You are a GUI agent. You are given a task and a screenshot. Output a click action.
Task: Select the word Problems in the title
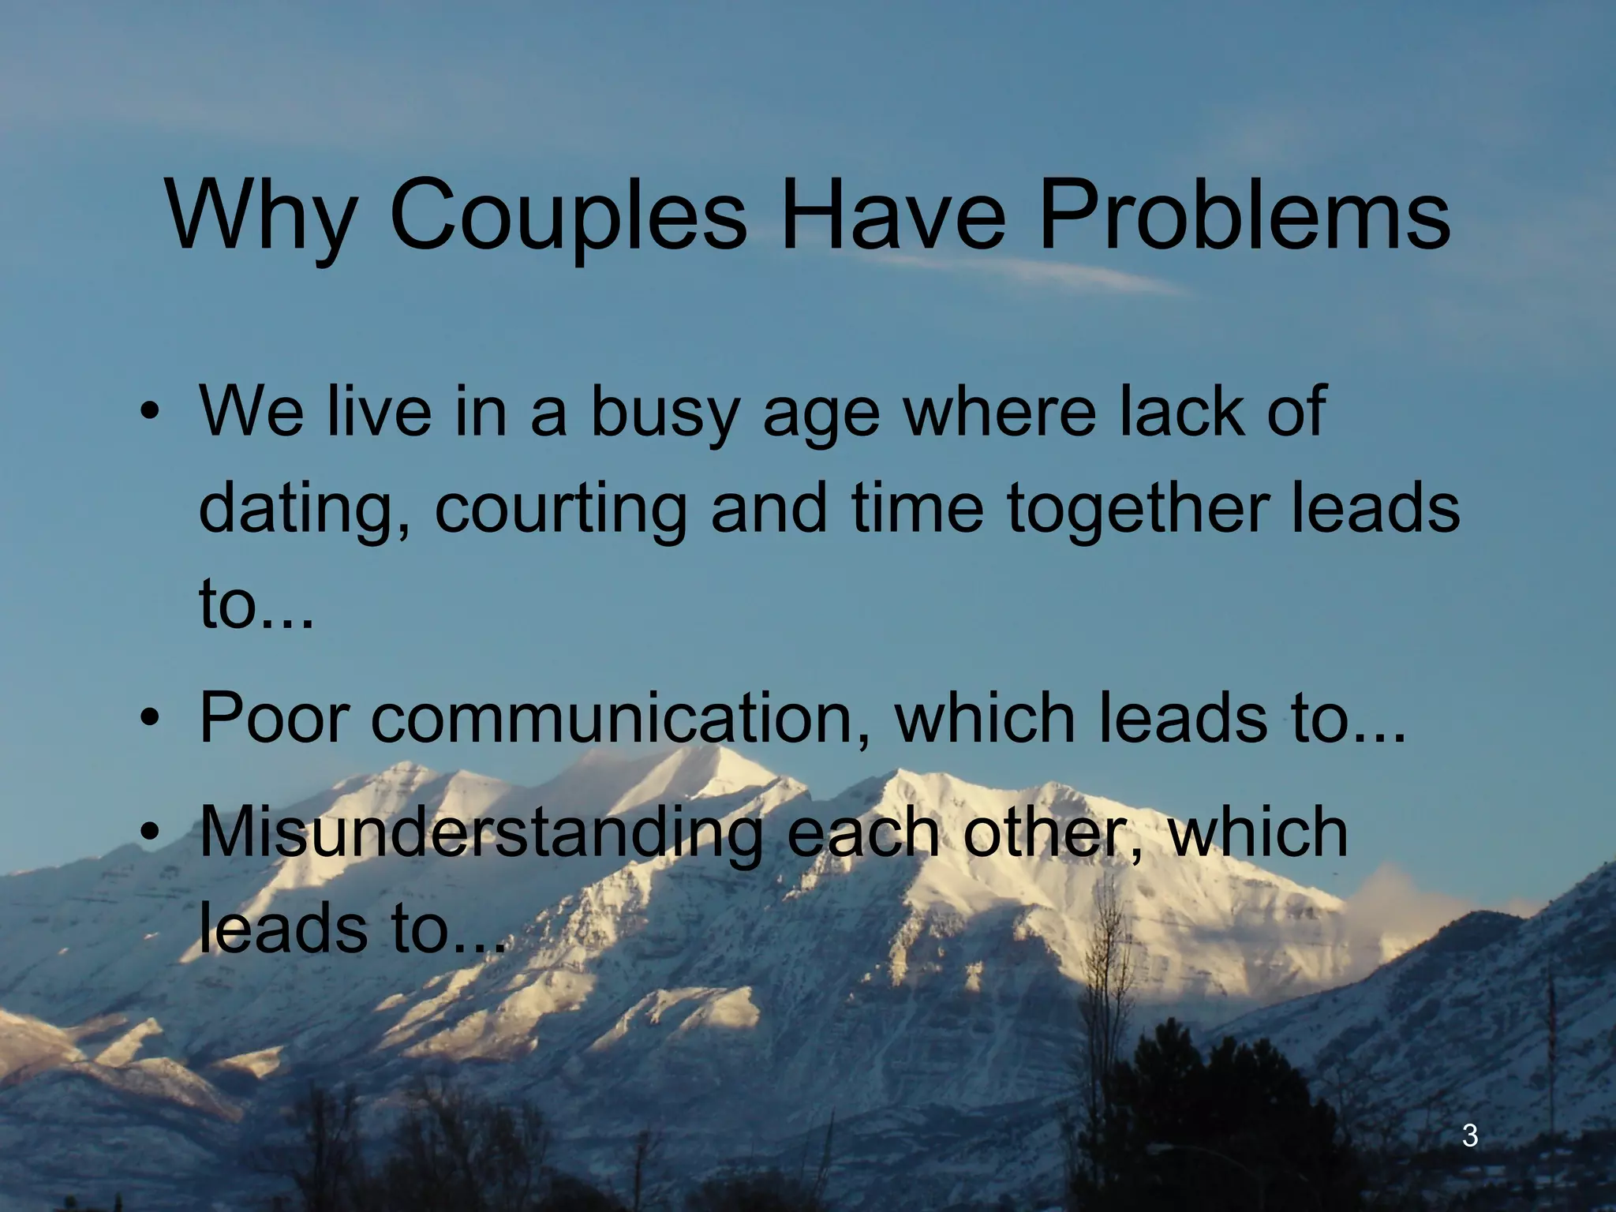pyautogui.click(x=1244, y=215)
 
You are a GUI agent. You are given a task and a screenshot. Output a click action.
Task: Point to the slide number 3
pyautogui.click(x=1470, y=1136)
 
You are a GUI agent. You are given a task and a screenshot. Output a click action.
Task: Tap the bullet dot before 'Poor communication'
pyautogui.click(x=148, y=718)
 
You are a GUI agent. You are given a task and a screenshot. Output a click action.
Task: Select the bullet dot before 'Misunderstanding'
pyautogui.click(x=148, y=832)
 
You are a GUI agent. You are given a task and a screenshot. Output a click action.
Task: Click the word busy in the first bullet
pyautogui.click(x=662, y=414)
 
